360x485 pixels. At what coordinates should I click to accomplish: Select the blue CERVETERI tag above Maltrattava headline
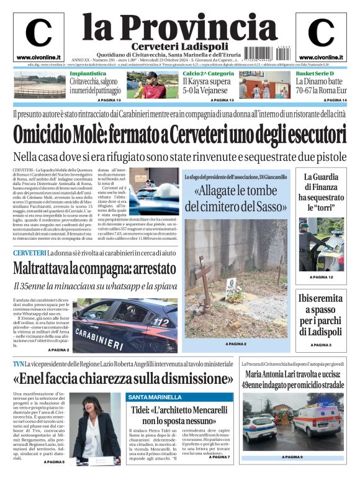click(x=29, y=253)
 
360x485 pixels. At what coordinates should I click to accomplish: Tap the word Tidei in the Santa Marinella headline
click(x=142, y=410)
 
